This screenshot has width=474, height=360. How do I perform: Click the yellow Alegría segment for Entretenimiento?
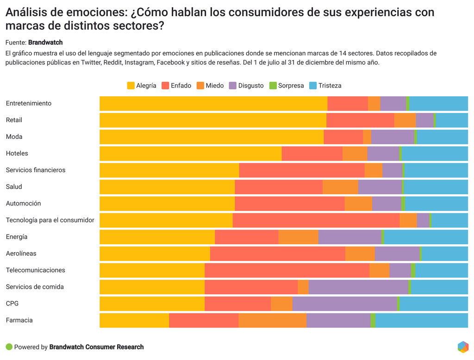coord(213,104)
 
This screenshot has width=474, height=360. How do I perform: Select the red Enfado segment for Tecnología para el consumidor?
coord(316,220)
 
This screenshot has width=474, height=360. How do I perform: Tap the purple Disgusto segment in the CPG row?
coord(344,304)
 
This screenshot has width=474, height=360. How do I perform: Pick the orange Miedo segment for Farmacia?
coord(272,320)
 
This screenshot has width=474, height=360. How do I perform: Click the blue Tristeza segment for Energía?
coord(426,237)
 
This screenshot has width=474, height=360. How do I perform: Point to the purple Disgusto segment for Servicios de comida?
coord(358,287)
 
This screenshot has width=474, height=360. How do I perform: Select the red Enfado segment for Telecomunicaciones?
coord(287,270)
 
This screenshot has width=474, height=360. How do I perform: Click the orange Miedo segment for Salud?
coord(340,187)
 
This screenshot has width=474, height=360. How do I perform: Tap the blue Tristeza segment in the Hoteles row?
coord(435,154)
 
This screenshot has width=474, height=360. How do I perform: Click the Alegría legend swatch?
coord(131,86)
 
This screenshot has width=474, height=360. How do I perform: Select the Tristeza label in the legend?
coord(330,86)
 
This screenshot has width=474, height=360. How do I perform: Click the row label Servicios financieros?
coord(36,170)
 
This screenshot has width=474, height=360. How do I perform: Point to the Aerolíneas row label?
coord(21,254)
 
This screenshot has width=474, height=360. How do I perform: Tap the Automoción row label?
coord(23,204)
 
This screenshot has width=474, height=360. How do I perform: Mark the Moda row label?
coord(14,137)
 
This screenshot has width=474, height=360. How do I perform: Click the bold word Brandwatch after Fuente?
coord(45,43)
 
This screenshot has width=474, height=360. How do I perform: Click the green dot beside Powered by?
coord(9,347)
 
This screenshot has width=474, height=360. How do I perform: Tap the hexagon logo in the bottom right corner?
coord(463,347)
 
